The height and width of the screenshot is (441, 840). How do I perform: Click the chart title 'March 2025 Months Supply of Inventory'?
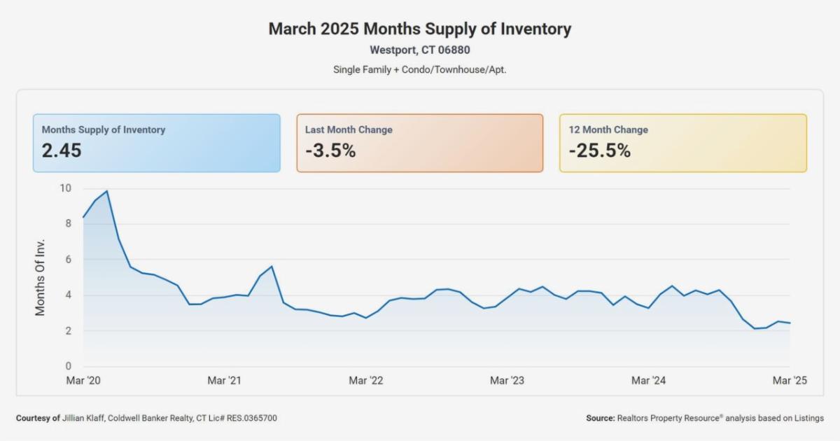(x=420, y=29)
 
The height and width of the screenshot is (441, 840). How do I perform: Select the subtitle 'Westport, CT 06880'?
(x=420, y=50)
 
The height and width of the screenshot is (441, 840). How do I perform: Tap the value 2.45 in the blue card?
(x=62, y=150)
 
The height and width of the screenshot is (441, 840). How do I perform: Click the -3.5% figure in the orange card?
(x=330, y=150)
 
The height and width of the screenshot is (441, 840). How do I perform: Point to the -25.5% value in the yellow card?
(x=599, y=150)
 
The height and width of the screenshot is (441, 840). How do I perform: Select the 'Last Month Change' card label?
(x=349, y=129)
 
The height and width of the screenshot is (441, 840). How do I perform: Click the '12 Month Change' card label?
(x=608, y=129)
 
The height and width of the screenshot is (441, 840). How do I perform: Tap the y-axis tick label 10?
(x=65, y=188)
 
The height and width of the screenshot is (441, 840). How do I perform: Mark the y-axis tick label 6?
(x=68, y=260)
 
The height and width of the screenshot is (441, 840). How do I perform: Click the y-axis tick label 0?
(x=68, y=366)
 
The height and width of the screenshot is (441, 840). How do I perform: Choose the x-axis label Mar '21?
(x=224, y=381)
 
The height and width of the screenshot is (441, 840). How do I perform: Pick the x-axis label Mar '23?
(x=507, y=381)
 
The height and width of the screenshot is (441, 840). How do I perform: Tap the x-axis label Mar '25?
(x=789, y=381)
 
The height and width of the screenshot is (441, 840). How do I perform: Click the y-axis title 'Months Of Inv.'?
(x=41, y=277)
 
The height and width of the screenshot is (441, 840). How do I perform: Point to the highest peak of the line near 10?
(x=106, y=190)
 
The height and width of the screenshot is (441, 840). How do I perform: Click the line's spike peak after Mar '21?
(x=272, y=266)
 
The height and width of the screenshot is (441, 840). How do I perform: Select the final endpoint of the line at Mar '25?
(x=790, y=323)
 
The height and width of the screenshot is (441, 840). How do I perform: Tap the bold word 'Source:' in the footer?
(x=600, y=418)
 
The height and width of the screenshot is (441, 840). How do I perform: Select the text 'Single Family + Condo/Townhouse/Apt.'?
(x=420, y=70)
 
